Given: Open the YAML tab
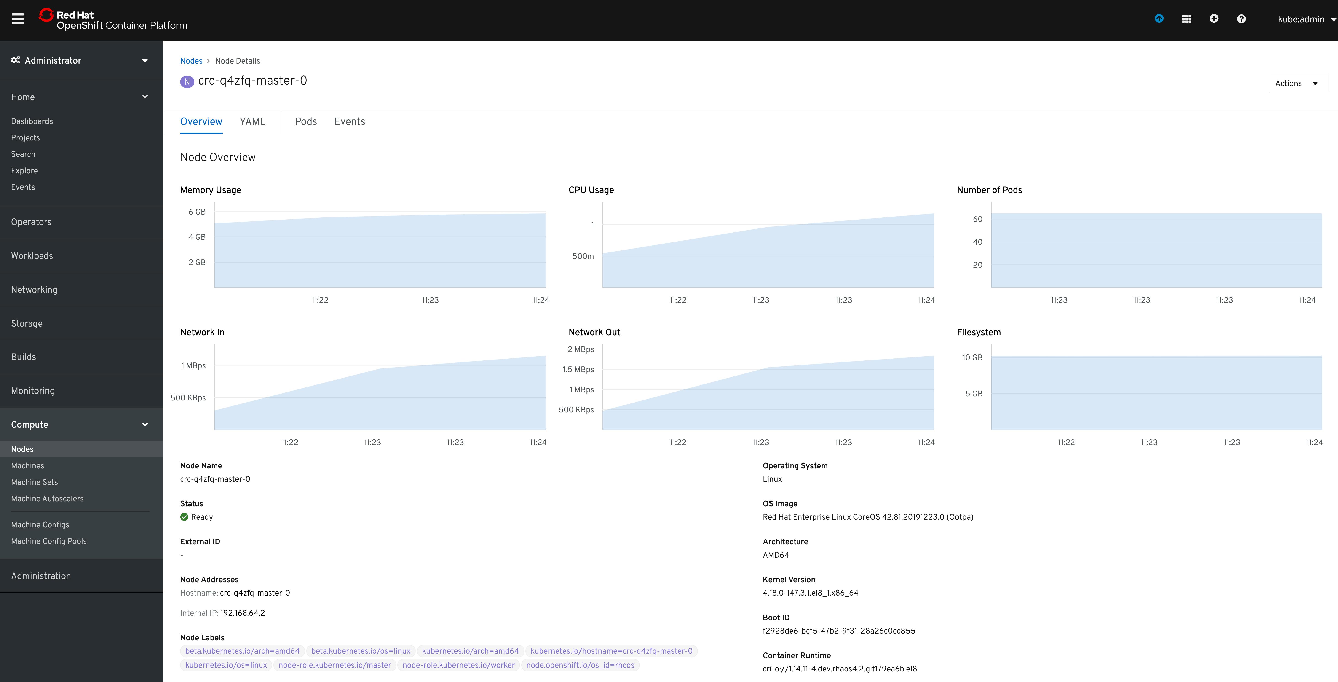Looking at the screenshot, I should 252,121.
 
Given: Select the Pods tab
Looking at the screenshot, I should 305,121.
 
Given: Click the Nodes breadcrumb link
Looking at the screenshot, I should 191,61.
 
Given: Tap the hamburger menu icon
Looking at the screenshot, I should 18,19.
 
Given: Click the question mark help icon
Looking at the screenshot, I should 1241,19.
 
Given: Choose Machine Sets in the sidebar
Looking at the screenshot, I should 34,482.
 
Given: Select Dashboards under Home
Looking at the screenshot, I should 32,121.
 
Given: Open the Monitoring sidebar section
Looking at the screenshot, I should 33,391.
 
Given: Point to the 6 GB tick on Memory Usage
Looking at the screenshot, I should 197,212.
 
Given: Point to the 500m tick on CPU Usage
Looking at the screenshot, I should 583,256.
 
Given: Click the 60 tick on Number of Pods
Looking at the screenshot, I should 977,219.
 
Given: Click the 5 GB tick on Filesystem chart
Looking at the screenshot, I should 973,394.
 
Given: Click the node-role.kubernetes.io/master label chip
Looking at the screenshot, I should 334,665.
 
